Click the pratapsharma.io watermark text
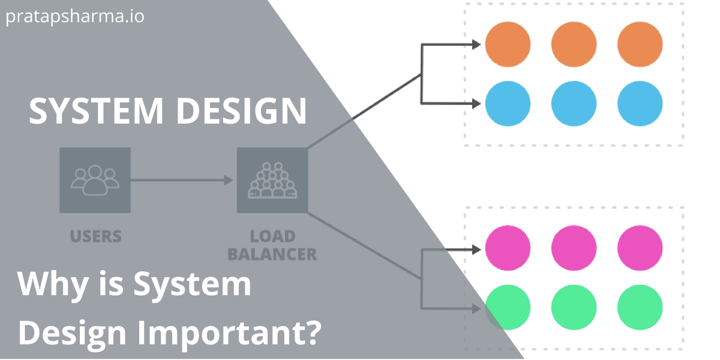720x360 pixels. [75, 16]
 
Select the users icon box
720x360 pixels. [95, 180]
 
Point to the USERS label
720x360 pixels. [95, 236]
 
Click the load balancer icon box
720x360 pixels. [272, 180]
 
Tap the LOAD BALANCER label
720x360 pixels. [272, 245]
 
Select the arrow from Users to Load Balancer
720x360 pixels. [180, 179]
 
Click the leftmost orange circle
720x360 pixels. [508, 44]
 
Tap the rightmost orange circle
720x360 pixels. [640, 44]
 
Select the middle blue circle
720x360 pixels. [574, 104]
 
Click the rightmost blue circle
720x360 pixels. [640, 104]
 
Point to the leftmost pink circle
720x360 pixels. [508, 248]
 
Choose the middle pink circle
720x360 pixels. [574, 248]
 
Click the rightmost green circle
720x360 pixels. [640, 307]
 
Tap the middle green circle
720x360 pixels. [574, 307]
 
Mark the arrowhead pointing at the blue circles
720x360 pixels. [476, 104]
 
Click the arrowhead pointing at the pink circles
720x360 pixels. [476, 248]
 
